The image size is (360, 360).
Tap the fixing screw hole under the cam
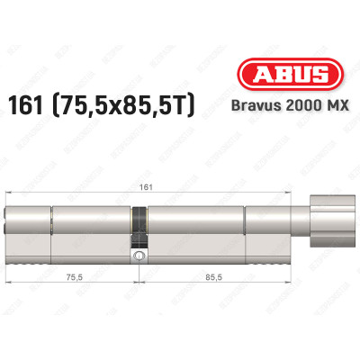coord(139,256)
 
